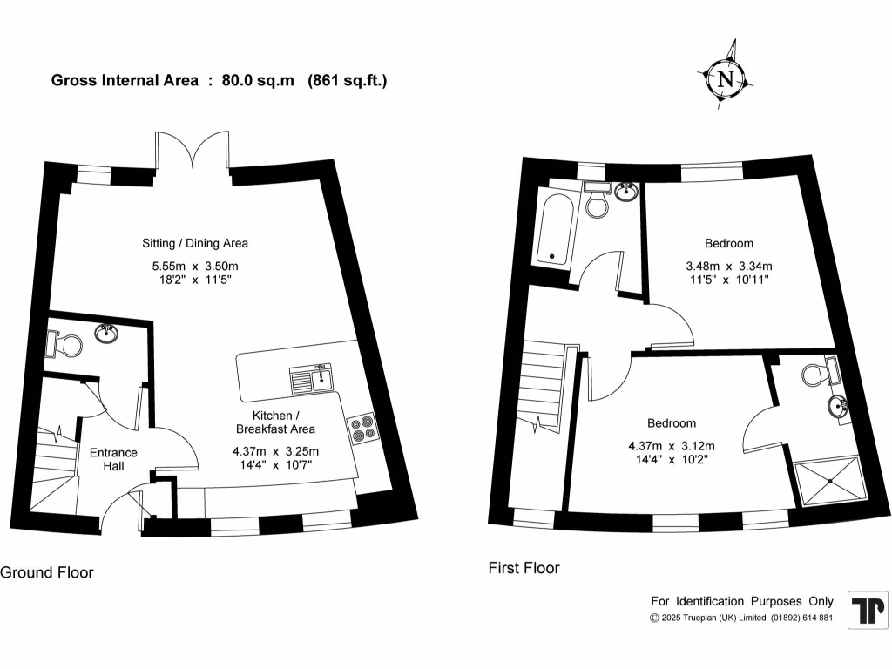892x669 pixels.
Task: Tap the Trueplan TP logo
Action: [x=868, y=610]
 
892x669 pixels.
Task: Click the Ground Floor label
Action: [x=47, y=572]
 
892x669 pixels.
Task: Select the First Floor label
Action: [x=524, y=568]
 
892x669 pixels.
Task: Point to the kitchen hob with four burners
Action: [x=362, y=428]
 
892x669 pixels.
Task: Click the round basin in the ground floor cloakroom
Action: [x=107, y=332]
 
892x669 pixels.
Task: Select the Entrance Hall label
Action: [x=113, y=459]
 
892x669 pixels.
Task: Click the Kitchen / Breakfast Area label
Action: [x=275, y=422]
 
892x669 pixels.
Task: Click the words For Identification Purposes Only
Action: [x=744, y=601]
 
